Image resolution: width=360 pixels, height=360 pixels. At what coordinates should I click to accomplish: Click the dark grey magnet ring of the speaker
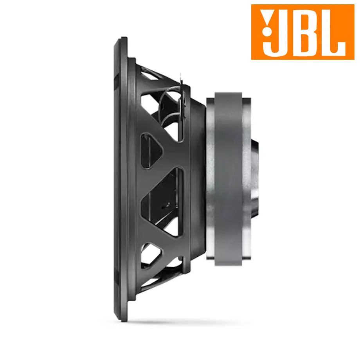(x=228, y=178)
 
